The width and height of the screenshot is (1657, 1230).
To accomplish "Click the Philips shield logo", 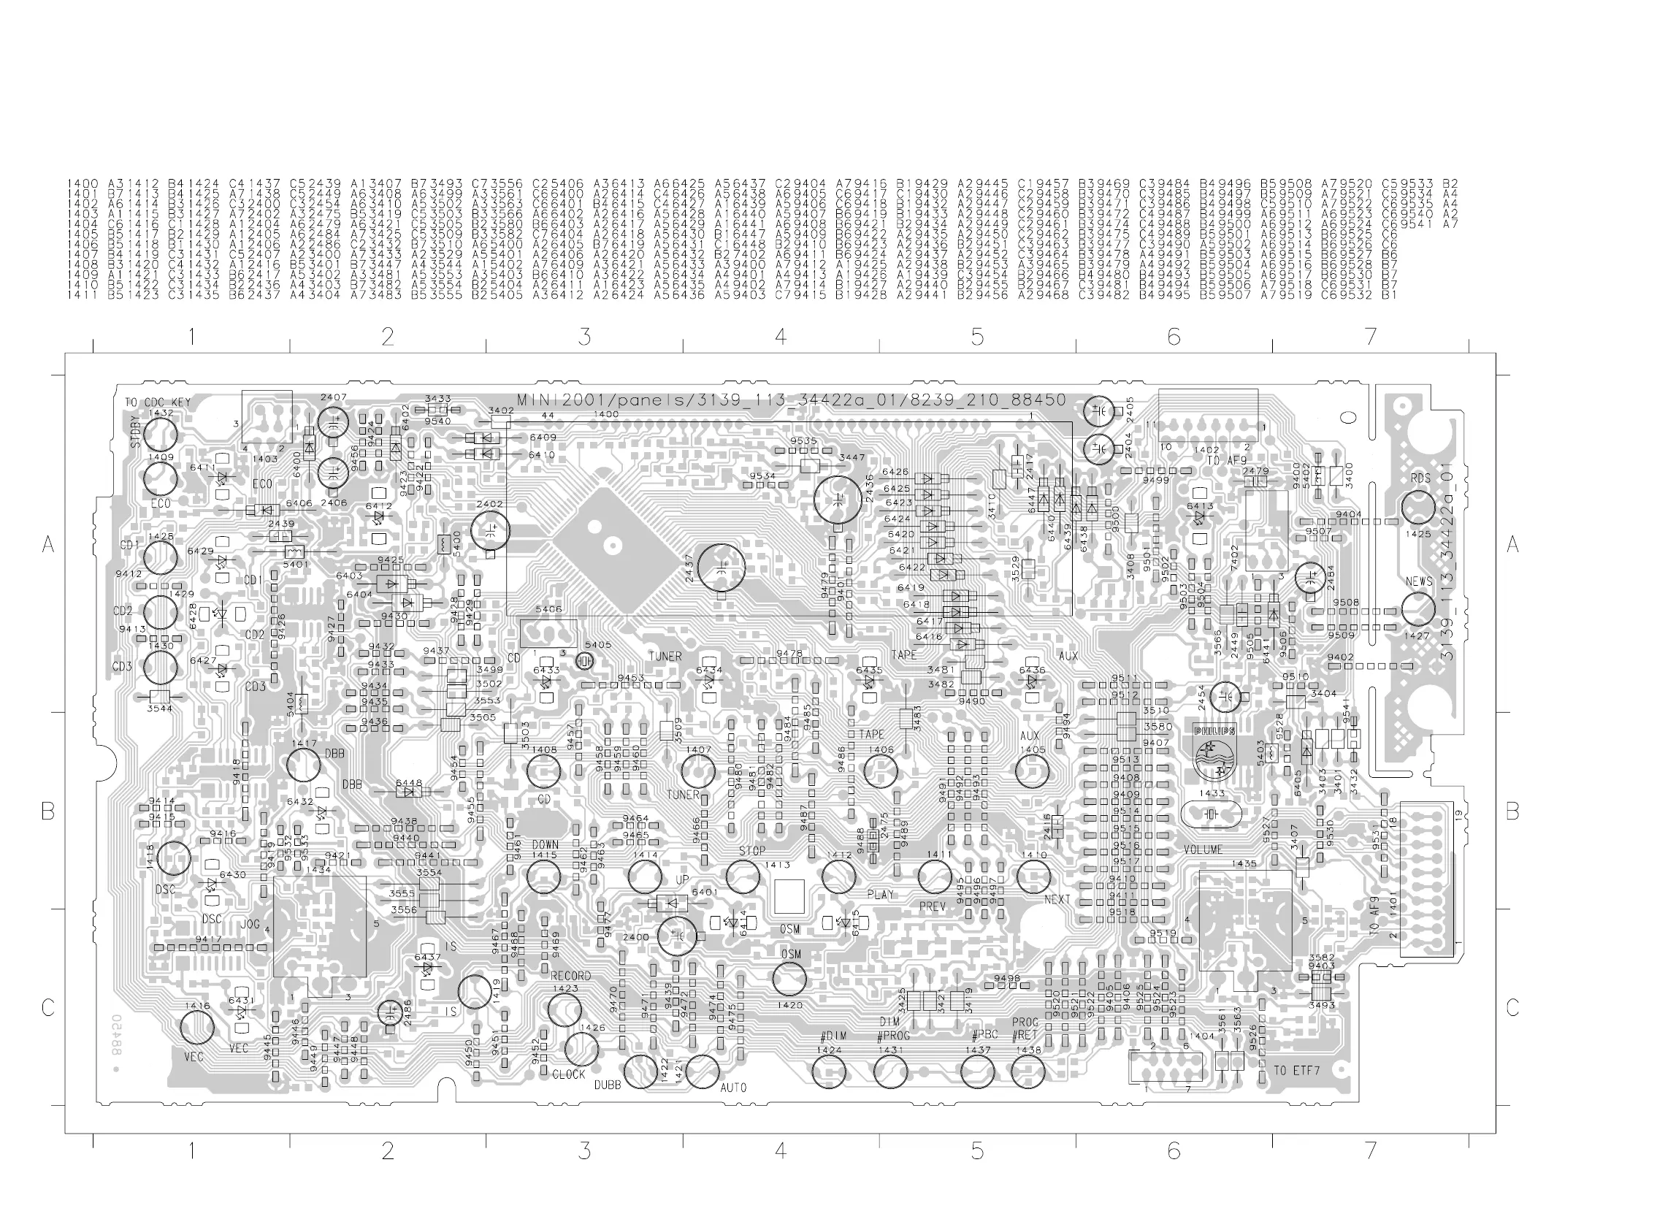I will (x=1214, y=754).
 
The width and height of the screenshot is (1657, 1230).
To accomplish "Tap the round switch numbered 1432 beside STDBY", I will (x=160, y=433).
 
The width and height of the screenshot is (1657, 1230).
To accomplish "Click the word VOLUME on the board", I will (x=1203, y=849).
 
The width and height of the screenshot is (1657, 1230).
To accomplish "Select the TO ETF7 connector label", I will (x=1296, y=1071).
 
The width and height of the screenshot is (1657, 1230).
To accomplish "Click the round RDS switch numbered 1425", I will (x=1417, y=508).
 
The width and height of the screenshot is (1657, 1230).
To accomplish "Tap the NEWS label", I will (x=1419, y=581).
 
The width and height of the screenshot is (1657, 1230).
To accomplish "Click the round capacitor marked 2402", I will (x=491, y=531).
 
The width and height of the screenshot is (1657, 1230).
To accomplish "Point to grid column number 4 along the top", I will (x=780, y=337).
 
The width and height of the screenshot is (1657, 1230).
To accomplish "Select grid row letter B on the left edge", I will (x=48, y=811).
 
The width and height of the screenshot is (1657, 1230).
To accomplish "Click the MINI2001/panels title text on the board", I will (x=792, y=400).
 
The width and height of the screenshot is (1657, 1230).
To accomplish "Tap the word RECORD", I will (x=570, y=976).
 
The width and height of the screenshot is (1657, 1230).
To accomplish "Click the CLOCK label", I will (x=569, y=1074).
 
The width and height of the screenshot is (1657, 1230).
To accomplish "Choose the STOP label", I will (x=752, y=850).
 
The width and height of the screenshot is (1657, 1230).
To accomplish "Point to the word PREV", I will (x=932, y=907).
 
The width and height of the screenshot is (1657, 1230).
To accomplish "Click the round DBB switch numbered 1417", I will (x=304, y=765).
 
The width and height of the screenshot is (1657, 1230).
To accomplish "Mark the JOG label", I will (x=250, y=925).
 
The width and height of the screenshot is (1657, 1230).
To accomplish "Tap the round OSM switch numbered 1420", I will (x=789, y=979).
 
